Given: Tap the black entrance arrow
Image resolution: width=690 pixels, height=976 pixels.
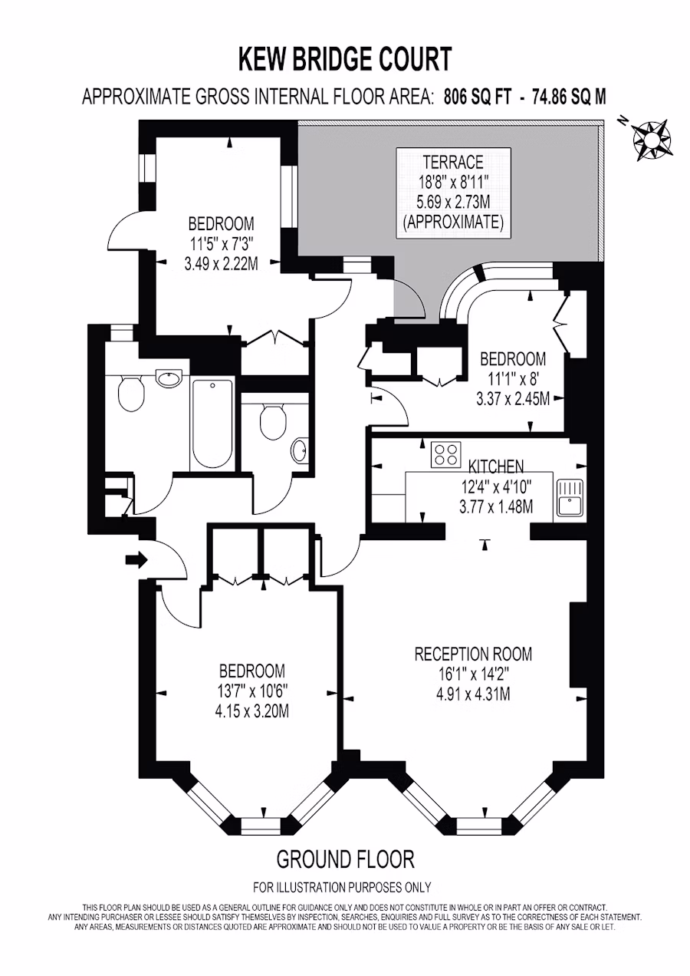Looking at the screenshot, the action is tap(136, 560).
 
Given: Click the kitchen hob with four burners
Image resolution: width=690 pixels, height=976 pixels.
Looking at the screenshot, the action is tap(445, 455).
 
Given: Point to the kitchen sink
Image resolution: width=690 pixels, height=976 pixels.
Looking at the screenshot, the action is tap(570, 497).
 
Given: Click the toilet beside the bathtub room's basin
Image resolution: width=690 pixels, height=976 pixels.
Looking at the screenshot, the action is tap(131, 393).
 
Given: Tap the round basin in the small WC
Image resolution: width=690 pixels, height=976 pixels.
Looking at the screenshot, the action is tap(299, 452).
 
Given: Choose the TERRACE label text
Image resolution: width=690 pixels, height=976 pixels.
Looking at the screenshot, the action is tap(453, 162).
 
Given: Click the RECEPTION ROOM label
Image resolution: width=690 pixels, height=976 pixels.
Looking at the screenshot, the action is tap(473, 654).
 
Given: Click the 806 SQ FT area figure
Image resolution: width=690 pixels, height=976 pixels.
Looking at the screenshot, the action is tap(477, 97).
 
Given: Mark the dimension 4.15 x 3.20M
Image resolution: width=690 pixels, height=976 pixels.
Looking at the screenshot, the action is tap(252, 711).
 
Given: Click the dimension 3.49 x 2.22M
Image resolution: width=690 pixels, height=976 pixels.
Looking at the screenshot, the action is tap(221, 264).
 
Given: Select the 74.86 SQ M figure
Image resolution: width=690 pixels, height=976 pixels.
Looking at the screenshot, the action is tap(569, 97).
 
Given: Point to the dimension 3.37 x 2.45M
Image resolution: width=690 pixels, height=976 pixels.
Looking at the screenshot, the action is tap(513, 399).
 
